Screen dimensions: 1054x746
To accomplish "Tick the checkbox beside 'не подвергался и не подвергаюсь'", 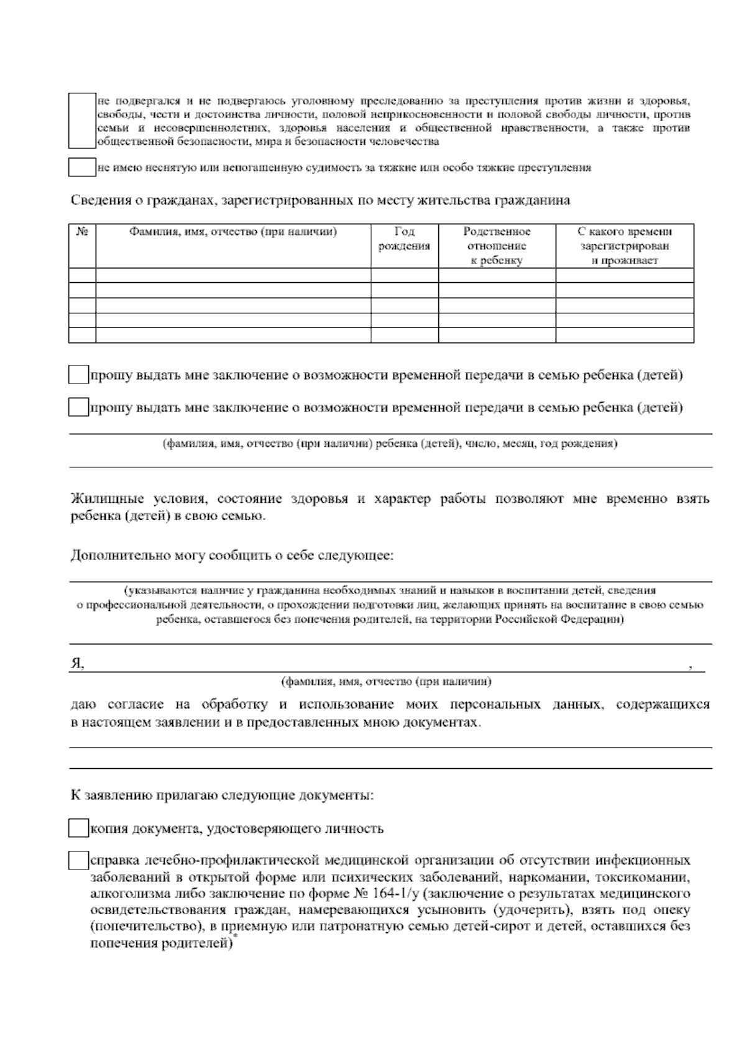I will coord(81,121).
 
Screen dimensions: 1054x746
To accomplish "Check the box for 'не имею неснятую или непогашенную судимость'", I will coord(81,168).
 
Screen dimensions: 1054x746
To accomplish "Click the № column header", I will coord(82,232).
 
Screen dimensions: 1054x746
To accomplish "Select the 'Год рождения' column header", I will coord(404,239).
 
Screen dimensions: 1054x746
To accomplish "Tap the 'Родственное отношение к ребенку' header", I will coord(497,246).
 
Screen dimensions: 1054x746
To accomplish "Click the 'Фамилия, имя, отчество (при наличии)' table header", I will coord(233,232).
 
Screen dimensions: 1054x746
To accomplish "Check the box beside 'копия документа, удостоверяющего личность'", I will coord(78,828).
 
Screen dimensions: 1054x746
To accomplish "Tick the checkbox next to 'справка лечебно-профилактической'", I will coord(78,861).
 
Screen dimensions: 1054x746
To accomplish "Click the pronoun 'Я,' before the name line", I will coord(77,664).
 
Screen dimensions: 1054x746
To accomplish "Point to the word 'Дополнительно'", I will coord(109,555).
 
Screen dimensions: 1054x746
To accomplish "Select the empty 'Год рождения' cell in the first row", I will coord(404,275).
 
